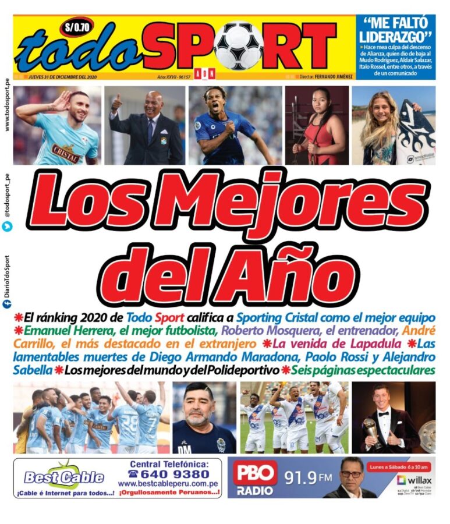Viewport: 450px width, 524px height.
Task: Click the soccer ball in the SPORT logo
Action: [239, 45]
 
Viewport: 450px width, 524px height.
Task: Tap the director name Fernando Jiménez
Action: [334, 77]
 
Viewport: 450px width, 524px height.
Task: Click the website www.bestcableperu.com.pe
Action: [170, 484]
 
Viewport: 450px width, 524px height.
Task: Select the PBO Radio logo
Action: [254, 478]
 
